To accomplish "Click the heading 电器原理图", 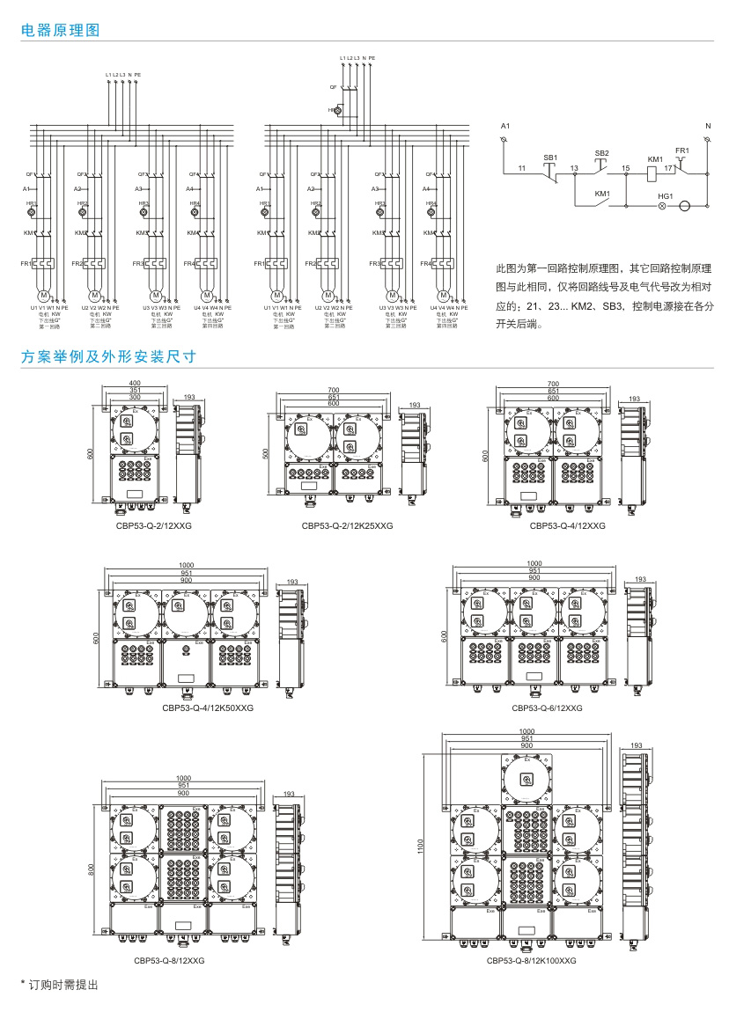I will pyautogui.click(x=61, y=30).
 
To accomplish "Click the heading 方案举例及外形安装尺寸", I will pyautogui.click(x=107, y=357).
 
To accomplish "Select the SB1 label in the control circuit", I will pyautogui.click(x=550, y=157).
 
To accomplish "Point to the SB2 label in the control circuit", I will pyautogui.click(x=601, y=152).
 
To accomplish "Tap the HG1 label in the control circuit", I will pyautogui.click(x=666, y=195).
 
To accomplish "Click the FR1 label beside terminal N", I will pyautogui.click(x=682, y=151).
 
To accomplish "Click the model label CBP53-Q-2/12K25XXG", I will pyautogui.click(x=347, y=526).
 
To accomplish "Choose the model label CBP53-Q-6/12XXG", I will pyautogui.click(x=546, y=707).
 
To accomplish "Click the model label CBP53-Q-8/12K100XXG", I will pyautogui.click(x=531, y=962).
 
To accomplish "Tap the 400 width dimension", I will pyautogui.click(x=135, y=384).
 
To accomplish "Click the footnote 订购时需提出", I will pyautogui.click(x=58, y=983).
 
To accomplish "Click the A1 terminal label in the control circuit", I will pyautogui.click(x=504, y=128).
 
